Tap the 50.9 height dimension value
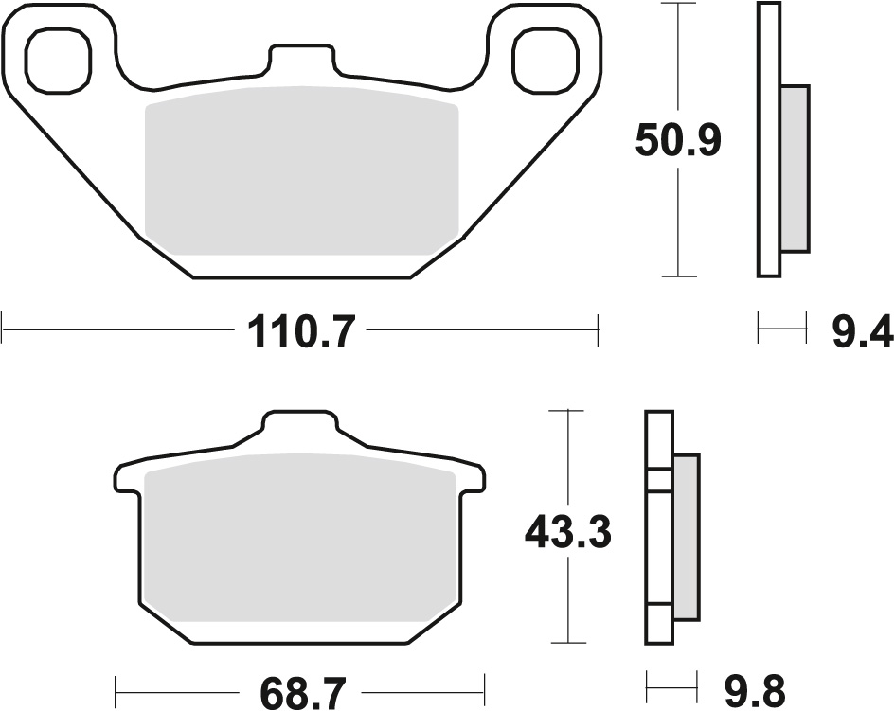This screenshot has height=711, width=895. pyautogui.click(x=678, y=142)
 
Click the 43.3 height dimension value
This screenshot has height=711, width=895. pyautogui.click(x=568, y=535)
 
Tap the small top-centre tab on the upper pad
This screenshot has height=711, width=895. pyautogui.click(x=301, y=59)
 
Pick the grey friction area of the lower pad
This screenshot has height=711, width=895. pyautogui.click(x=301, y=540)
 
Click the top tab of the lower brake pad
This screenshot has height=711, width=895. pyautogui.click(x=299, y=426)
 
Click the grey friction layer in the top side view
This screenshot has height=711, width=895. pyautogui.click(x=796, y=169)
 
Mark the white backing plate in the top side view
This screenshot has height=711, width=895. pyautogui.click(x=768, y=140)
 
